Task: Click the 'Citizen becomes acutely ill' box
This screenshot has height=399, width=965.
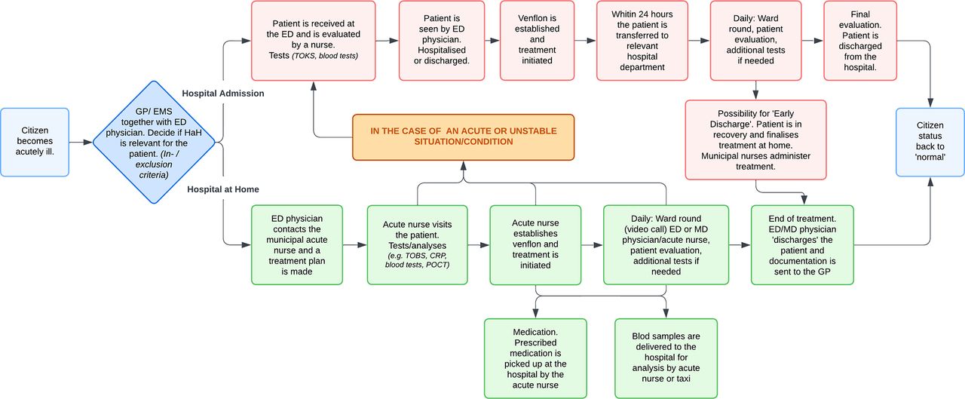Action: pyautogui.click(x=35, y=142)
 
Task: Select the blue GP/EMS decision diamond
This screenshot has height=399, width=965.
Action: pyautogui.click(x=154, y=143)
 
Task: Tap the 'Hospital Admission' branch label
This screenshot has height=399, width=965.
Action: pyautogui.click(x=222, y=94)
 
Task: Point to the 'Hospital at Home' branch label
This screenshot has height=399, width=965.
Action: pyautogui.click(x=222, y=189)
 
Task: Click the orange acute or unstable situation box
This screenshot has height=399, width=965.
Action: pyautogui.click(x=463, y=137)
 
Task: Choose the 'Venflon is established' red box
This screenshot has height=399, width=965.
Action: pyautogui.click(x=538, y=41)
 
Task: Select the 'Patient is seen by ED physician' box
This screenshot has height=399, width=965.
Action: pyautogui.click(x=442, y=41)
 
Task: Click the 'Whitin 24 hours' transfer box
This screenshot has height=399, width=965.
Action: pyautogui.click(x=642, y=41)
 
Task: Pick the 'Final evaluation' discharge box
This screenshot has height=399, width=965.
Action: pyautogui.click(x=860, y=41)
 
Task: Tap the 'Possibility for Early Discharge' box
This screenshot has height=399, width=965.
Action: pyautogui.click(x=755, y=140)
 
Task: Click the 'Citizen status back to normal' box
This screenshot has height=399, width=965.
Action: pyautogui.click(x=930, y=142)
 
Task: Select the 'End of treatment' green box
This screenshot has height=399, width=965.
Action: pyautogui.click(x=802, y=244)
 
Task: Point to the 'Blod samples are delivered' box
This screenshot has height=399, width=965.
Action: pyautogui.click(x=666, y=358)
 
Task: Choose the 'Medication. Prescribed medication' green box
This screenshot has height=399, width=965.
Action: pyautogui.click(x=535, y=358)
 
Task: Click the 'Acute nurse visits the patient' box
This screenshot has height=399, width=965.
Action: pyautogui.click(x=417, y=244)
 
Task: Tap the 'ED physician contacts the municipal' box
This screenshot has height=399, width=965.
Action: pyautogui.click(x=297, y=244)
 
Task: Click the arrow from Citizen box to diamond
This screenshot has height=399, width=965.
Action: pyautogui.click(x=81, y=142)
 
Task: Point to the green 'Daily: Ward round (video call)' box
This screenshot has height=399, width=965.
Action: pyautogui.click(x=666, y=244)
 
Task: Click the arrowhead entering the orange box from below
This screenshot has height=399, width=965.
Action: pyautogui.click(x=464, y=165)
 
